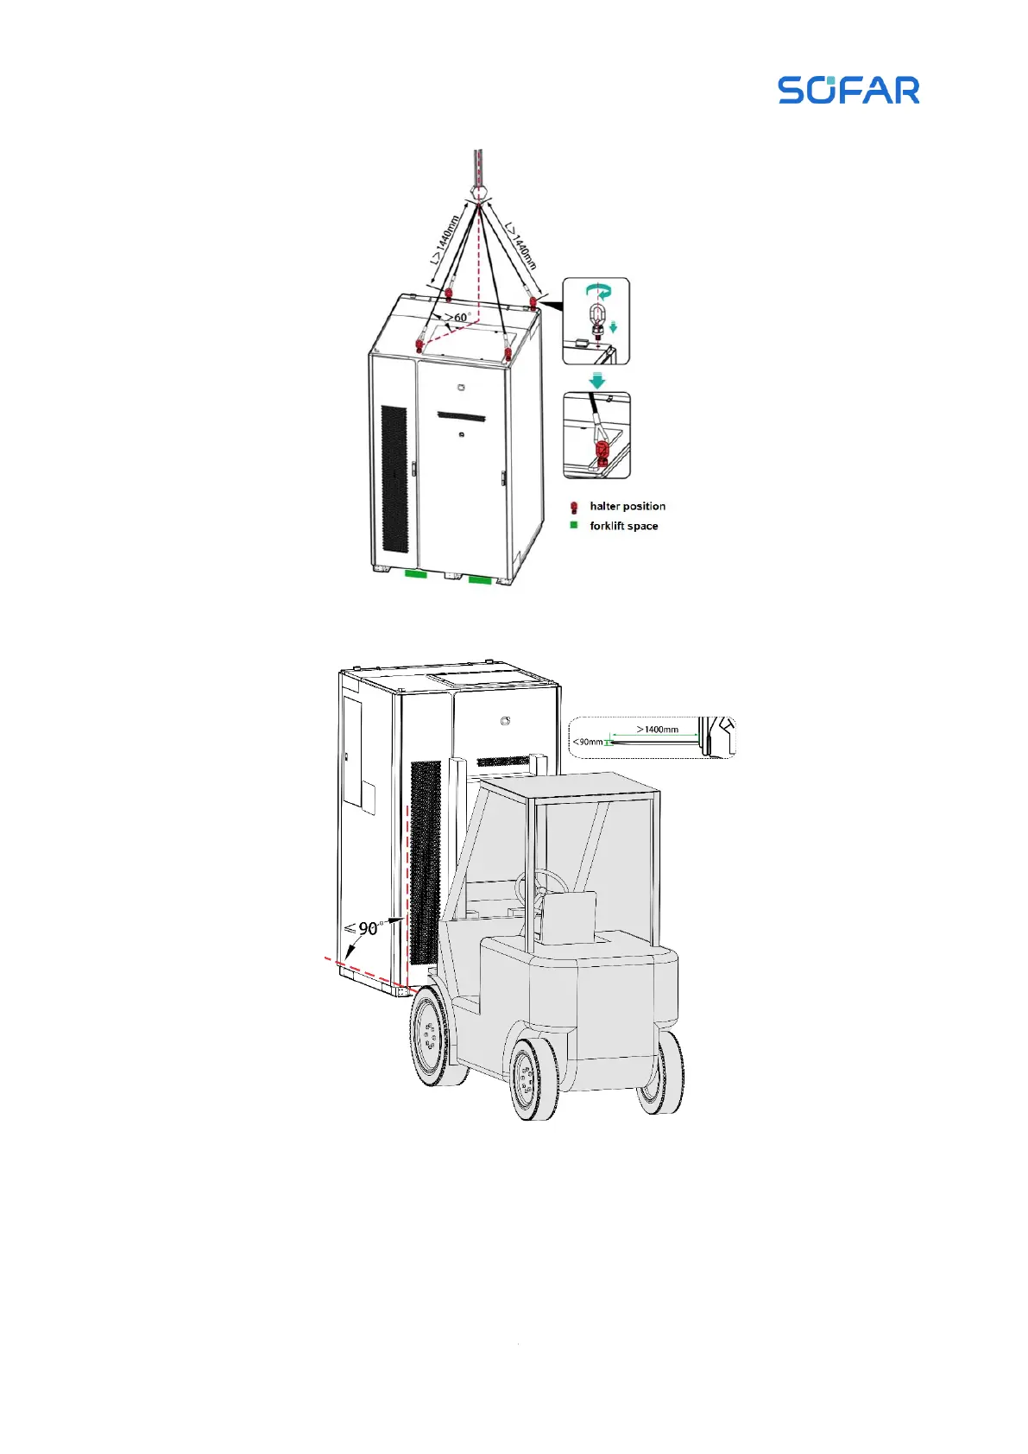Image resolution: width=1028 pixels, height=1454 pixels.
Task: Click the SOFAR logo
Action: (x=848, y=90)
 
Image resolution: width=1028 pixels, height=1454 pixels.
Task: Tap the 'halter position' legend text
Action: (x=628, y=506)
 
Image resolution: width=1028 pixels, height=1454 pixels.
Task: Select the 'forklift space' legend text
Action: (x=623, y=526)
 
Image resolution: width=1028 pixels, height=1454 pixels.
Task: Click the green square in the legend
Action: (x=574, y=525)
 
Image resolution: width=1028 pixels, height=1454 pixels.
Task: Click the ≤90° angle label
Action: (x=363, y=928)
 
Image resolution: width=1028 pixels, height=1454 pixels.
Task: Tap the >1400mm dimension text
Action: (x=658, y=730)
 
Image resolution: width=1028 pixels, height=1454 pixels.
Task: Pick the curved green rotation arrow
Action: (x=596, y=290)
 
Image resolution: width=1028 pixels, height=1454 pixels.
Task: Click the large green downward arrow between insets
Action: (x=596, y=380)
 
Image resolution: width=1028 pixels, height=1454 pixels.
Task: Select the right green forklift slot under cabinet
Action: (x=480, y=579)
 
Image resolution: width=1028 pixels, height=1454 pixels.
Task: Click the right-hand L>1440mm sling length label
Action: (x=520, y=246)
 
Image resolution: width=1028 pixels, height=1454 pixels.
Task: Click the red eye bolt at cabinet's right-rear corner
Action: (x=534, y=302)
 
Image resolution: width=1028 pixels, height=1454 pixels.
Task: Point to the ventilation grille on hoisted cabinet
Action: (x=394, y=479)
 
